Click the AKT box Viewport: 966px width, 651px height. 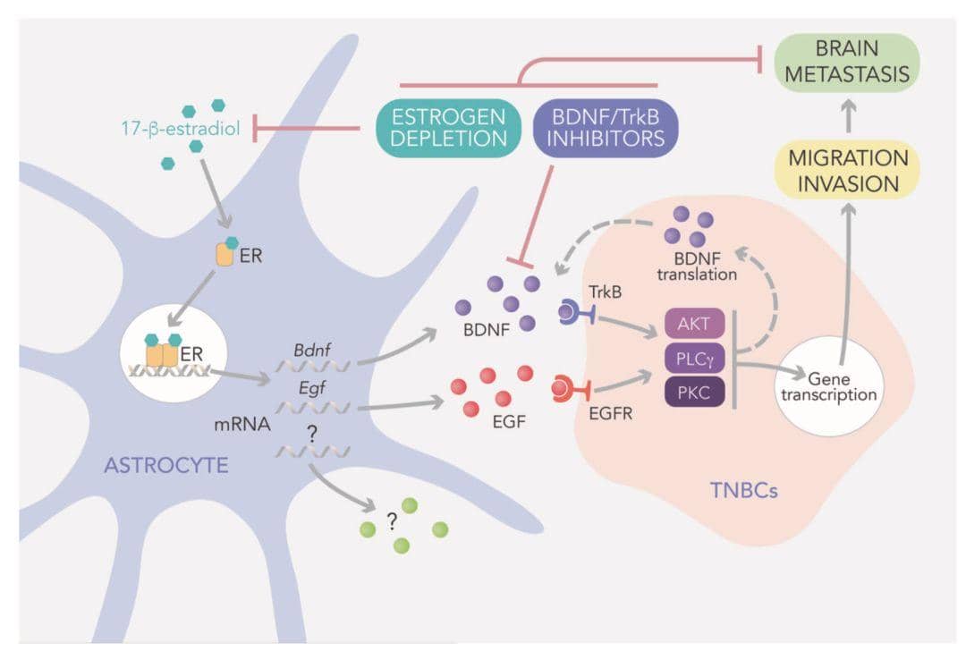(x=694, y=324)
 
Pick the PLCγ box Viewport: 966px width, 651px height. (x=694, y=359)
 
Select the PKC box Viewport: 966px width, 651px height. (x=694, y=392)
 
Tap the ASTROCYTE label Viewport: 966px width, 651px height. (x=166, y=465)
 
